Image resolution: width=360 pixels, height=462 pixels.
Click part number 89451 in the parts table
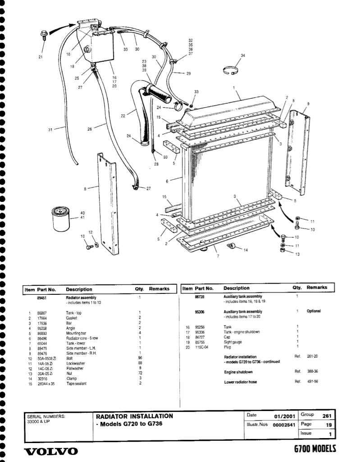(x=43, y=297)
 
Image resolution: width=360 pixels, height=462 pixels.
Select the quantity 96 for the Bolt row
(x=140, y=358)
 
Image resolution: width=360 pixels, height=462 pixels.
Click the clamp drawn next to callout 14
(x=232, y=245)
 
